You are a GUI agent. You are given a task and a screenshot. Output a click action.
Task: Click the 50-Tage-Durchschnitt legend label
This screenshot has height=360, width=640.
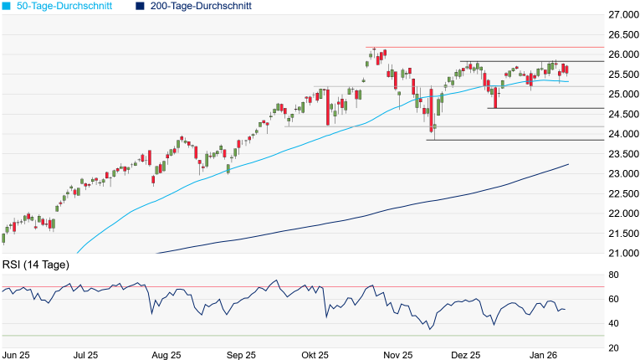[64, 6]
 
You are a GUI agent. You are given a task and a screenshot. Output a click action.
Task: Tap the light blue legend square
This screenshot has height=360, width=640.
[7, 6]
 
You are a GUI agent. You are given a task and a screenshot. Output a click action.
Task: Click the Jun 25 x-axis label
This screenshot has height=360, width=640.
[17, 355]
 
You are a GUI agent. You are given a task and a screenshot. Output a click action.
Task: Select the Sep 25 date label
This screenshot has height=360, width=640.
[241, 355]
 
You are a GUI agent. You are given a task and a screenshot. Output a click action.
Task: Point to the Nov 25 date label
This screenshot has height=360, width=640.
[398, 355]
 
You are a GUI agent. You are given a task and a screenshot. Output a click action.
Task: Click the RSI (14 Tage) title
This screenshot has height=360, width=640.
[35, 265]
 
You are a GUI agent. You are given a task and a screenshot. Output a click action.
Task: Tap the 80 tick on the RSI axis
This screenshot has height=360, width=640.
[613, 275]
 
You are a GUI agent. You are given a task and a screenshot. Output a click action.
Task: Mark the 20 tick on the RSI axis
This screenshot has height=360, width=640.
[613, 347]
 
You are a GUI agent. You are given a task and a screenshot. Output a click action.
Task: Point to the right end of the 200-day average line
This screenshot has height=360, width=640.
[568, 164]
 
